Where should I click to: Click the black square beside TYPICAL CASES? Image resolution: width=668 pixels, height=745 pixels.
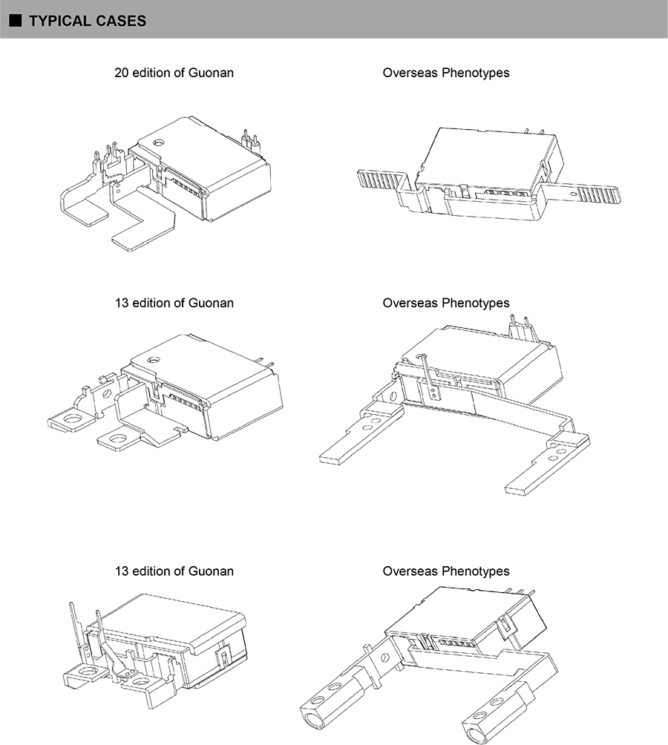tap(16, 21)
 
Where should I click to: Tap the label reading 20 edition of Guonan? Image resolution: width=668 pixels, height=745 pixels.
tap(174, 73)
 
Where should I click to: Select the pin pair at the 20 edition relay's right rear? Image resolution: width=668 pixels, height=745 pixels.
tap(250, 140)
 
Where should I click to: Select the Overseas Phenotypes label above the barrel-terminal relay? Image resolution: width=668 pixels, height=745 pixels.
tap(446, 571)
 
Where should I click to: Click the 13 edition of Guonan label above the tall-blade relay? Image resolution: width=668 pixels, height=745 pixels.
tap(174, 571)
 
